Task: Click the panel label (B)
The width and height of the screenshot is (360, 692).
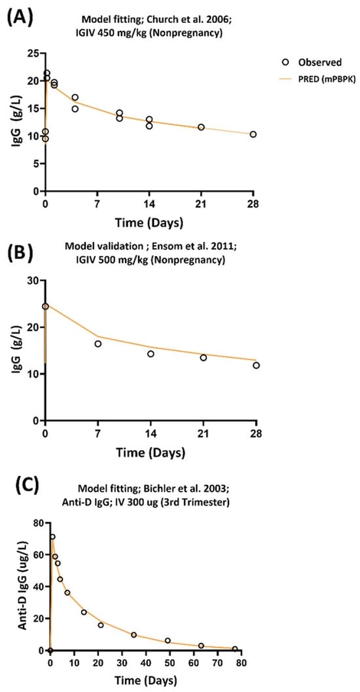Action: [x=20, y=250]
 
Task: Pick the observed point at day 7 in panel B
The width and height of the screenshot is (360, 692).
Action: [x=98, y=343]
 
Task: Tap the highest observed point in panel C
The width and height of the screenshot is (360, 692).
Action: [x=52, y=537]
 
